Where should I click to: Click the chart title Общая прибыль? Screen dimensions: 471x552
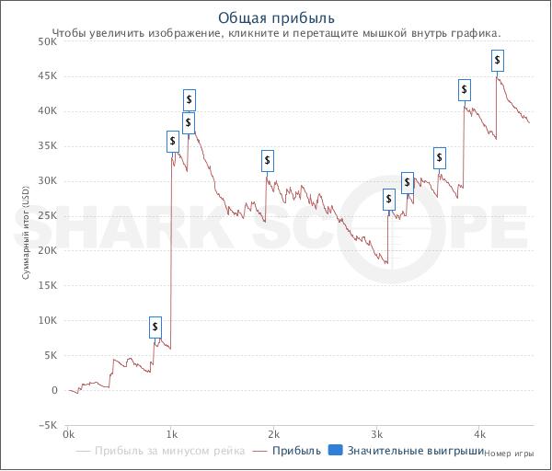276,17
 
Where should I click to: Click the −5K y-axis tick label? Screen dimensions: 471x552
46,425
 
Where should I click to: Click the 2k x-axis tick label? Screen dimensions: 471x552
273,432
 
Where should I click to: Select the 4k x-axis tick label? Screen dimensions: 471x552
478,432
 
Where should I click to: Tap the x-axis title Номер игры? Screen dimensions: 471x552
509,453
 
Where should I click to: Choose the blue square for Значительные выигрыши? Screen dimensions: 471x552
335,451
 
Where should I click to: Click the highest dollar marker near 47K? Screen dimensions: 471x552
498,61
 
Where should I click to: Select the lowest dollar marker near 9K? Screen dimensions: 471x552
155,327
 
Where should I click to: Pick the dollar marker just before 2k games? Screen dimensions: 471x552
268,161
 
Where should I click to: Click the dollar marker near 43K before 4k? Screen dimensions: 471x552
465,90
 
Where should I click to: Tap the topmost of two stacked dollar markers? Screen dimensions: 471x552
189,99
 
